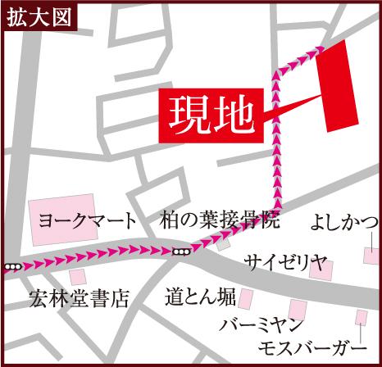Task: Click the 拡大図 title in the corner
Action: (x=30, y=14)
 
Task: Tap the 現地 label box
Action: (x=211, y=114)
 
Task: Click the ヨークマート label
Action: (x=88, y=221)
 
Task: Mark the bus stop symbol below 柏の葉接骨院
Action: (x=182, y=251)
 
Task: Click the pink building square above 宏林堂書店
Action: (x=78, y=277)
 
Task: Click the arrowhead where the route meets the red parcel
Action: (x=314, y=51)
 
